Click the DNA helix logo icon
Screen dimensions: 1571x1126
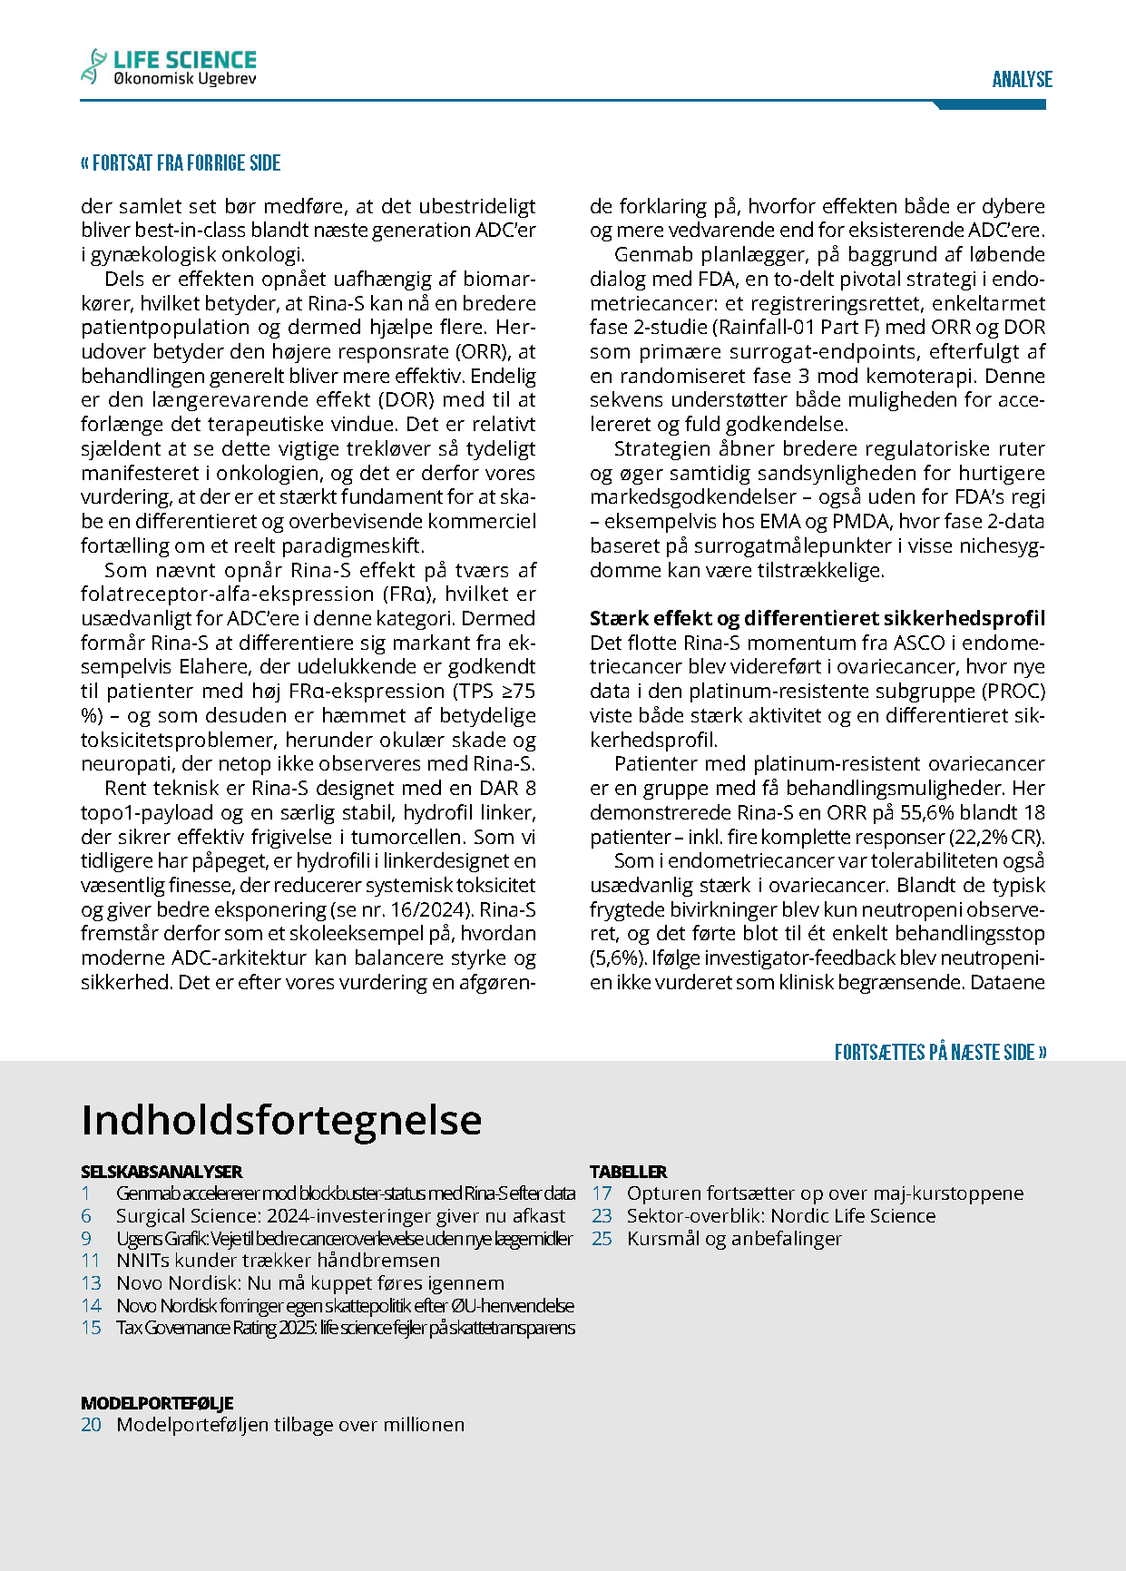94,66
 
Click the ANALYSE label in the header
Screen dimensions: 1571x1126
1022,80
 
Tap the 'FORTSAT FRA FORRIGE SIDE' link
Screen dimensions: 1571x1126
181,163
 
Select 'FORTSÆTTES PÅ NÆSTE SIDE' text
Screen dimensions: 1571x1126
940,1053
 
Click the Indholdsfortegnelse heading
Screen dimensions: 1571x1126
281,1120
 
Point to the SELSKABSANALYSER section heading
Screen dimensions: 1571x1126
162,1172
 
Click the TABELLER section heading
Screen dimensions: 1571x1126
628,1172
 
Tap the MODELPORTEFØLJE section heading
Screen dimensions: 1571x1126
157,1403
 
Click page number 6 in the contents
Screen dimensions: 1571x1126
86,1216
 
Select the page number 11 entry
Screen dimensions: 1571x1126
91,1261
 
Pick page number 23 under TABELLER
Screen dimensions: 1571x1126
602,1216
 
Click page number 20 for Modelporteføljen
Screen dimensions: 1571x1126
91,1425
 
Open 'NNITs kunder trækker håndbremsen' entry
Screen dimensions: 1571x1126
278,1261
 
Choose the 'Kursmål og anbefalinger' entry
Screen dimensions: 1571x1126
734,1239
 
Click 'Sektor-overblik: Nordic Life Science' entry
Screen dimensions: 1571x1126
781,1216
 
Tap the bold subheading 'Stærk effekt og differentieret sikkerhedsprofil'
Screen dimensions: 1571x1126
817,619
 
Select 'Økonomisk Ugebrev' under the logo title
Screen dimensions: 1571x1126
185,80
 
